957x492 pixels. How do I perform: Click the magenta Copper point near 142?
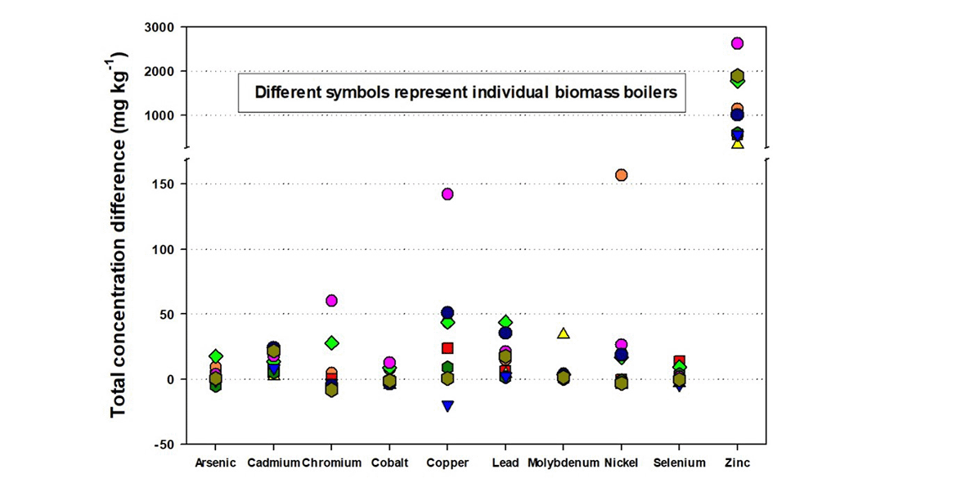[447, 195]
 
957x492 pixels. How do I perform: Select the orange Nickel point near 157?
[621, 175]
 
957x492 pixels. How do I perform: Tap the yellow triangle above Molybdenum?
[563, 333]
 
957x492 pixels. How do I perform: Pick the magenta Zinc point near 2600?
[737, 43]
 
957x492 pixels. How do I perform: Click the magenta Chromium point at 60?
[331, 301]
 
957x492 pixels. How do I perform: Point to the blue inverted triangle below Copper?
[447, 406]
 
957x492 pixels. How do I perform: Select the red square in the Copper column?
[447, 348]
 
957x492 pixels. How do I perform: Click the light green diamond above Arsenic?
[216, 356]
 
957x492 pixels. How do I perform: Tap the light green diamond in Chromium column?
[331, 343]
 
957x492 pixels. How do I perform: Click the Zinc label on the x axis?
[736, 463]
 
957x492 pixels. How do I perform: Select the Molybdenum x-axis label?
[563, 463]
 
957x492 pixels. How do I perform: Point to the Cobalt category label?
[389, 463]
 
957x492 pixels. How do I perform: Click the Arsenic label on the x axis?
[216, 463]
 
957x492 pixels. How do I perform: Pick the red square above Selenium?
[679, 361]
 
